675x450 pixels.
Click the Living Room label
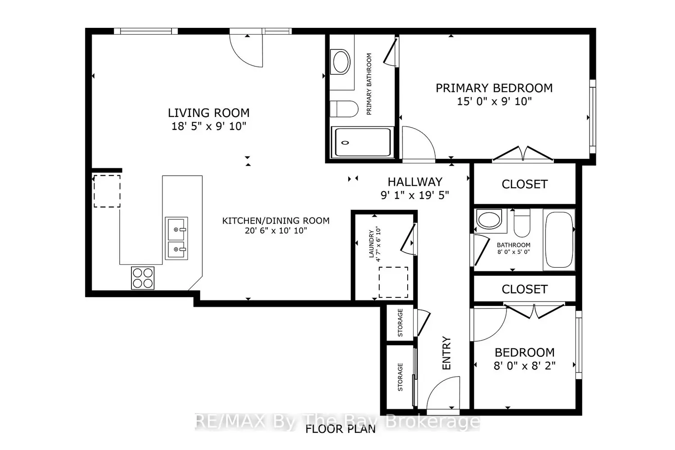tap(208, 113)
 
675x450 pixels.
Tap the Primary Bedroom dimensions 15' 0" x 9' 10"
tap(494, 101)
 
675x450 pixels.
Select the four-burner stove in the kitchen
tap(143, 278)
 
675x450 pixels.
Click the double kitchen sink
tap(176, 238)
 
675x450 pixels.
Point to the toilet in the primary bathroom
tap(344, 109)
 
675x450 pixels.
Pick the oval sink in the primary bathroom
tap(341, 62)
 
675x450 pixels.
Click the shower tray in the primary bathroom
tap(363, 142)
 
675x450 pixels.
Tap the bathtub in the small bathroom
tap(559, 239)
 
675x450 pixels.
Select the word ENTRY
tap(446, 353)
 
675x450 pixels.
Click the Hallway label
tap(415, 182)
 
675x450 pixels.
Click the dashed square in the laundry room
tap(393, 282)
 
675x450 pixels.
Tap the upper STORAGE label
tap(400, 323)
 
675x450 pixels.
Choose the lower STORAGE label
tap(400, 377)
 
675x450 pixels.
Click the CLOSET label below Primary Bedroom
tap(524, 184)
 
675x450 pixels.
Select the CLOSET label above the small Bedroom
tap(524, 289)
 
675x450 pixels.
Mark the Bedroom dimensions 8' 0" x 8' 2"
tap(524, 365)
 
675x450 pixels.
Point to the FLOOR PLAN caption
tap(341, 429)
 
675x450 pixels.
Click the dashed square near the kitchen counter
tap(107, 191)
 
